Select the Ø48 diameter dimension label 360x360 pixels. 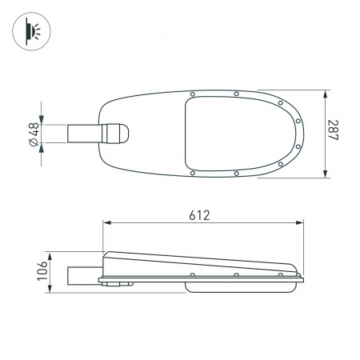click(x=34, y=134)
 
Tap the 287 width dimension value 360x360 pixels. click(x=334, y=134)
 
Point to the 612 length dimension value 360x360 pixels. click(x=199, y=215)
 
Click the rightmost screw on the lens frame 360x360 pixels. click(x=298, y=121)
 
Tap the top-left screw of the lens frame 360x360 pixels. click(x=192, y=95)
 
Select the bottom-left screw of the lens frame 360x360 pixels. click(x=192, y=172)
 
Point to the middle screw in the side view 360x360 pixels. click(x=236, y=276)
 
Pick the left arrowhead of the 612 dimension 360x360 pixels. click(x=105, y=223)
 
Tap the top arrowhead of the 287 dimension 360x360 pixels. click(x=325, y=93)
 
